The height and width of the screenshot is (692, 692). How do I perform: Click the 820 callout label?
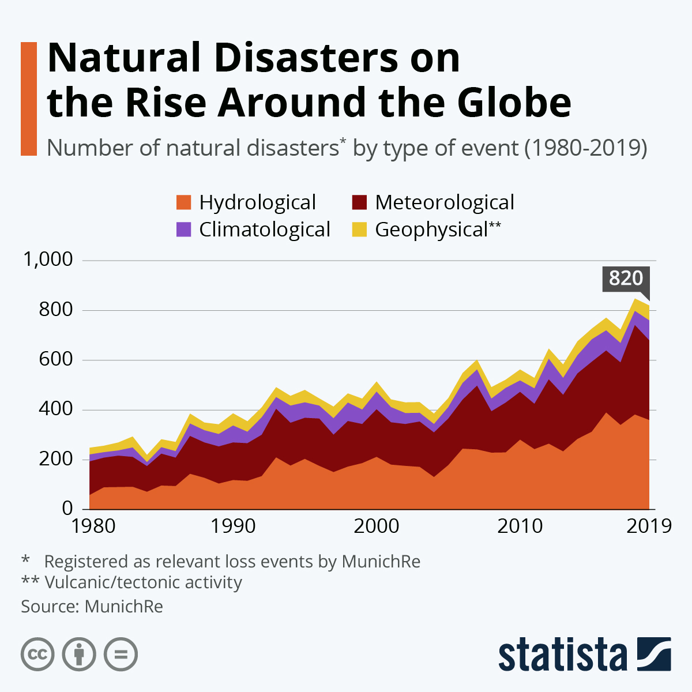(x=626, y=279)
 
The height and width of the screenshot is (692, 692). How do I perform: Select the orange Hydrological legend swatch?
(x=183, y=202)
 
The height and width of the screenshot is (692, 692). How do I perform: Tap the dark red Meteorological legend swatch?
(x=359, y=202)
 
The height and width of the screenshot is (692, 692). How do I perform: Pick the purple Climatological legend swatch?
(x=183, y=230)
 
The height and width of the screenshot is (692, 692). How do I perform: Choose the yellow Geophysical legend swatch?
(x=359, y=230)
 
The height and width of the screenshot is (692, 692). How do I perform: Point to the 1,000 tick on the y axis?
(x=48, y=259)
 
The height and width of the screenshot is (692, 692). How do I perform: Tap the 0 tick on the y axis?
(x=67, y=509)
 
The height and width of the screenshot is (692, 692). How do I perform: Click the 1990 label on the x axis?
(x=233, y=526)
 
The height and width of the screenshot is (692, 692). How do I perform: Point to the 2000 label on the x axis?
(x=375, y=526)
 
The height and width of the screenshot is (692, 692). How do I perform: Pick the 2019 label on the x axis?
(x=649, y=526)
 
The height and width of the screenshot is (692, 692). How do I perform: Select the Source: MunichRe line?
(x=92, y=607)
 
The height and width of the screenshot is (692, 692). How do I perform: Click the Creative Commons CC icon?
(x=37, y=655)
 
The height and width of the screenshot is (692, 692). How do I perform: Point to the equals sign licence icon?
(x=121, y=655)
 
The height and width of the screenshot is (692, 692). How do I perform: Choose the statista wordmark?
(x=562, y=655)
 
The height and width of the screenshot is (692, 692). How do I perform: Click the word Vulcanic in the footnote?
(x=78, y=582)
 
